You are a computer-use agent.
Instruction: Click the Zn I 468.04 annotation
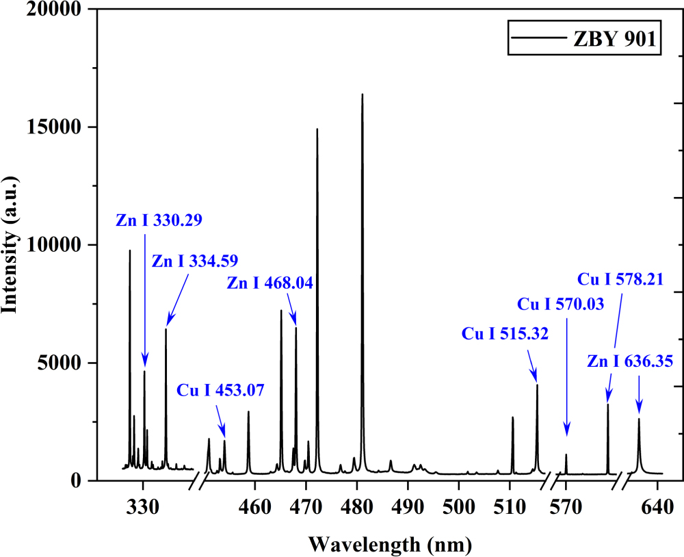[269, 283]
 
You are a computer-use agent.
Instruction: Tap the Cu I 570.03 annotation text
[560, 304]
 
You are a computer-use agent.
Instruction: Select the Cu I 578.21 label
[620, 278]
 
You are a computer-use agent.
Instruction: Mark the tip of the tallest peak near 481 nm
[362, 94]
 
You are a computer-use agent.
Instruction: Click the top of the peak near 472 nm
[317, 129]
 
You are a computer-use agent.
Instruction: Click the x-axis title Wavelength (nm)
[390, 545]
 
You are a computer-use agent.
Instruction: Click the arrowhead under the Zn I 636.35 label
[639, 411]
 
